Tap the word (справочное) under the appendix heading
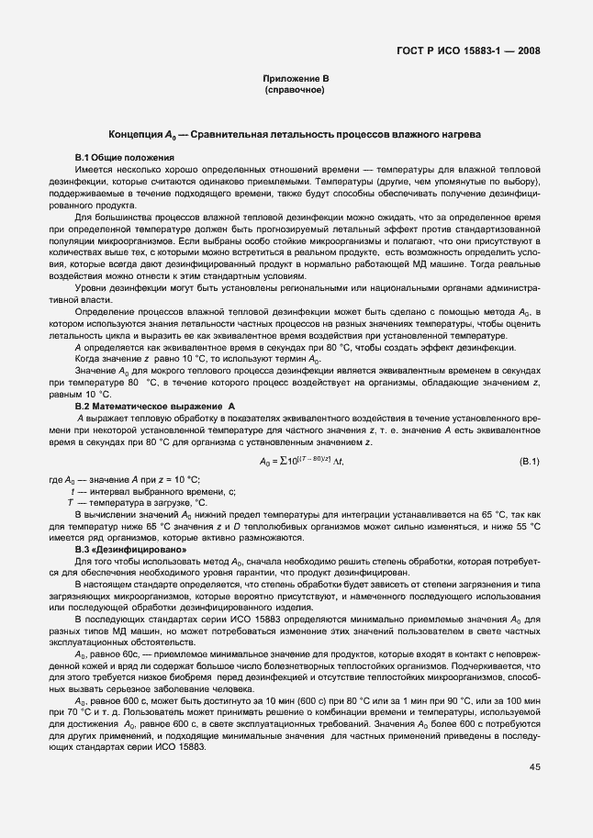pyautogui.click(x=295, y=93)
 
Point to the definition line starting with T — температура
pyautogui.click(x=138, y=503)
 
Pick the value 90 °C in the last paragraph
pyautogui.click(x=449, y=700)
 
